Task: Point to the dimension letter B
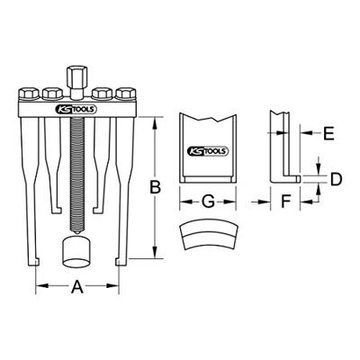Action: [x=155, y=187]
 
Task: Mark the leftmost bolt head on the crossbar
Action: [x=27, y=93]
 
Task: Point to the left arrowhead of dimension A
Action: [x=38, y=287]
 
